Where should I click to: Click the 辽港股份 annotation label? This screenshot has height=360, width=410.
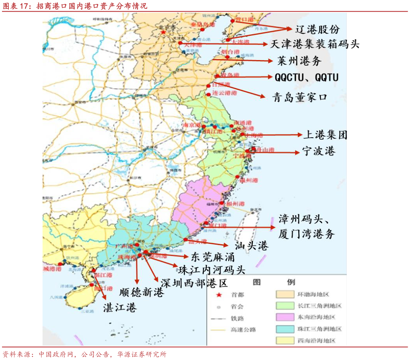tap(317, 29)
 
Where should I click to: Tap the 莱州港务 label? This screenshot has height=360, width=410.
tap(299, 61)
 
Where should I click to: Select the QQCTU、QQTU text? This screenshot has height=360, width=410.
tap(307, 77)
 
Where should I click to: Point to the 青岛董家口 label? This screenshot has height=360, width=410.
tap(300, 97)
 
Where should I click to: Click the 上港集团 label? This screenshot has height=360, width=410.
tap(325, 135)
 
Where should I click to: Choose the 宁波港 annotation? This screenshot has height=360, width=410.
tap(319, 151)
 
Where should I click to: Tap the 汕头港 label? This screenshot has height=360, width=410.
tap(251, 246)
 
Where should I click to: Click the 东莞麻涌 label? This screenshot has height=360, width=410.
tap(213, 257)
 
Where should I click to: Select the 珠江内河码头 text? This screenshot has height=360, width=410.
tap(212, 270)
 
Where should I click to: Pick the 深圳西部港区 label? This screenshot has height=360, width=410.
tap(194, 283)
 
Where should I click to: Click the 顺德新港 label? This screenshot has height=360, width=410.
tap(142, 292)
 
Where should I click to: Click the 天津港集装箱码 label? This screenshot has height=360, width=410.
tap(309, 44)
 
